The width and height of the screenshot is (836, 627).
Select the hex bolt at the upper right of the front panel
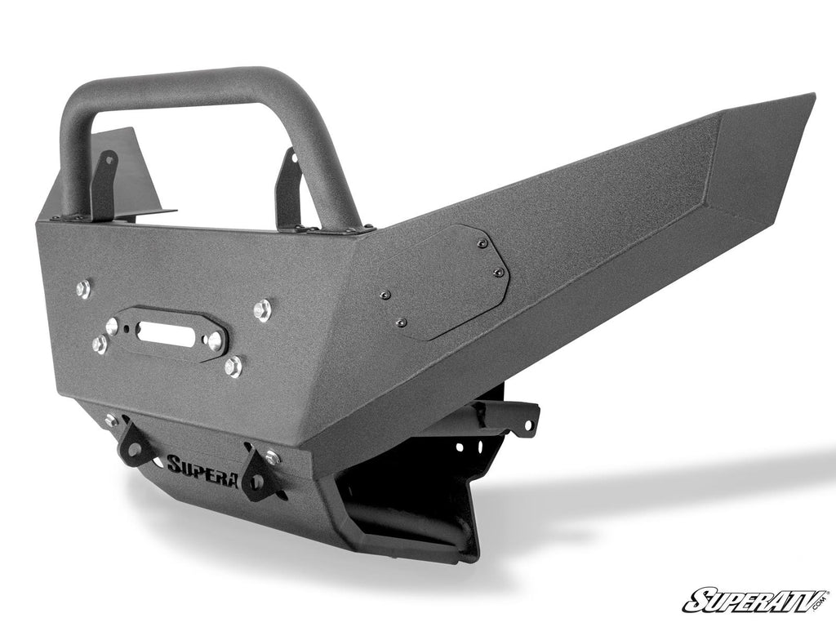tap(262, 309)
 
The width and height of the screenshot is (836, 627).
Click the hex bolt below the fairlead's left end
tap(100, 345)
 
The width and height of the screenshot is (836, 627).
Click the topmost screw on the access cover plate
tap(483, 244)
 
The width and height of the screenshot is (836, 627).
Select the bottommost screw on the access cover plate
tap(401, 323)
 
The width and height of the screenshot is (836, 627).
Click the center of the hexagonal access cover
tap(444, 282)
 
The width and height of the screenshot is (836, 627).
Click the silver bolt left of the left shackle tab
tap(110, 421)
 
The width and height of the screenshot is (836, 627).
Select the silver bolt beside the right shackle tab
tap(272, 458)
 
